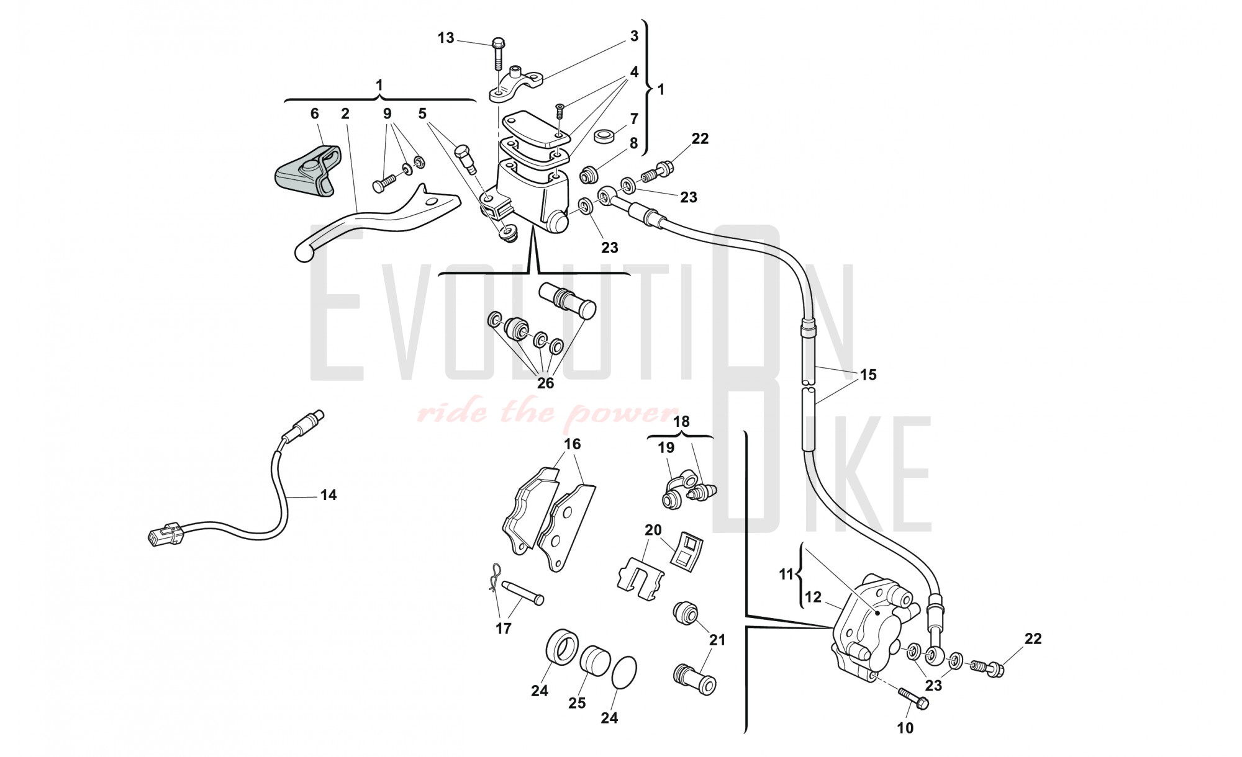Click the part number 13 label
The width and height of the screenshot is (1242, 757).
tap(446, 38)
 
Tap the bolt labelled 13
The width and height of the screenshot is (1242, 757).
tap(497, 55)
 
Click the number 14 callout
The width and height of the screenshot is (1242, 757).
tap(329, 495)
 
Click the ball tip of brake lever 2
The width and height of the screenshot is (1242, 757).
tap(303, 252)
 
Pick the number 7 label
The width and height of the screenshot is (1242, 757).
tap(634, 118)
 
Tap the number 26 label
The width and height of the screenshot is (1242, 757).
tap(545, 383)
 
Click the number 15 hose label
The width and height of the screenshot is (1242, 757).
tap(868, 375)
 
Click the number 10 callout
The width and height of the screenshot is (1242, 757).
tap(905, 728)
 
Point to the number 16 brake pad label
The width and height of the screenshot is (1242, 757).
tap(572, 444)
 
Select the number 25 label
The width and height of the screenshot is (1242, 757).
tap(577, 703)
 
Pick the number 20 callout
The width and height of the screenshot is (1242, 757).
tap(653, 531)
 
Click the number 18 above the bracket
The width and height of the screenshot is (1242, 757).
tap(681, 422)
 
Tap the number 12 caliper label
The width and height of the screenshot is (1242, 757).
tap(813, 598)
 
